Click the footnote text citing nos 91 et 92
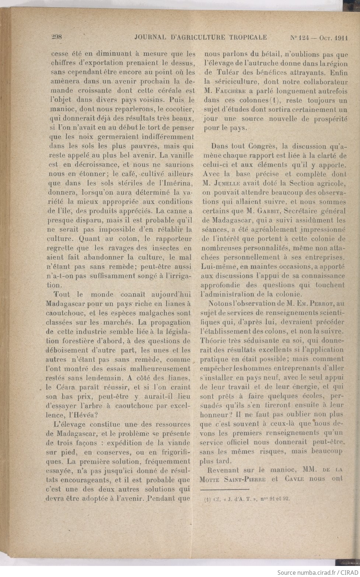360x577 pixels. pos(247,499)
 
